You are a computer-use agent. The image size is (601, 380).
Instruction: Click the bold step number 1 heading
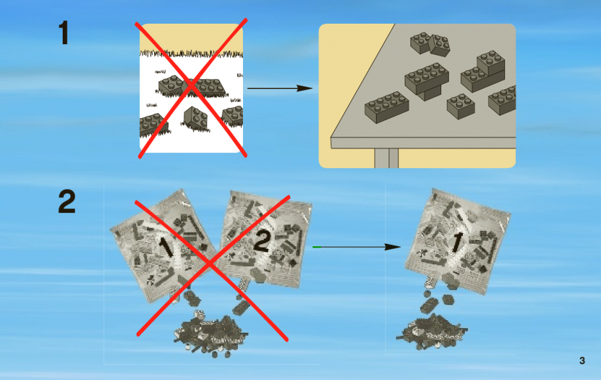click(x=64, y=33)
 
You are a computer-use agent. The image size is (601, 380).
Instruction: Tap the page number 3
click(x=582, y=360)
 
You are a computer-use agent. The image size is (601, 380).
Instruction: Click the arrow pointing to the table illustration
click(x=280, y=88)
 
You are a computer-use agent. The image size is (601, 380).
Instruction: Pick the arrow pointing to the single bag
click(x=357, y=247)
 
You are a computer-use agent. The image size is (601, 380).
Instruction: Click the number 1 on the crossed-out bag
click(x=166, y=248)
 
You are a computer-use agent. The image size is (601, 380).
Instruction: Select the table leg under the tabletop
click(x=386, y=158)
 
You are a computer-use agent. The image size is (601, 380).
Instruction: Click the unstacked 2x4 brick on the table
click(x=386, y=107)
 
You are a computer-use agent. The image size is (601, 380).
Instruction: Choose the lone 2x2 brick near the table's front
click(x=461, y=106)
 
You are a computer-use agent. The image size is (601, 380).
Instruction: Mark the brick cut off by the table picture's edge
click(x=503, y=100)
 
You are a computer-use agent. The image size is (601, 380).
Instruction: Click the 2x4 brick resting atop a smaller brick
click(x=426, y=78)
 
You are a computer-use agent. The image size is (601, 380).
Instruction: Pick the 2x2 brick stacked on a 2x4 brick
click(x=490, y=63)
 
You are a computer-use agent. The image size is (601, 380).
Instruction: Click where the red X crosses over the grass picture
click(x=192, y=88)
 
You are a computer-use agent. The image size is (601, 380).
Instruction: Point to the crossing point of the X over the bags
click(x=210, y=264)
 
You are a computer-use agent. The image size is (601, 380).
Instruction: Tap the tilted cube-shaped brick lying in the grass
click(x=196, y=118)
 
